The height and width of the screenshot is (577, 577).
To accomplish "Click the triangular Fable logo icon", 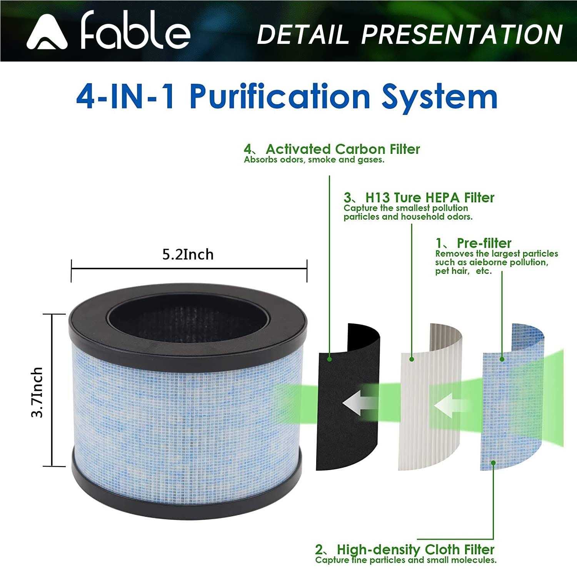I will tap(47, 34).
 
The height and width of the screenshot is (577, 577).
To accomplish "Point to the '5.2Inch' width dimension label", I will tap(188, 255).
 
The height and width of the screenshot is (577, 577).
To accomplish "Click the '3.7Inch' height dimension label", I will tap(37, 392).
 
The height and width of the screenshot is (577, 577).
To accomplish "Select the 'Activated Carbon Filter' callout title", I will tap(342, 149).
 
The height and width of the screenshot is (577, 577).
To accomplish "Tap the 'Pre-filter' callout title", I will tap(484, 243).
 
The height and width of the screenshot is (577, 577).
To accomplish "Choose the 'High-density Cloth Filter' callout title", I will tap(415, 549).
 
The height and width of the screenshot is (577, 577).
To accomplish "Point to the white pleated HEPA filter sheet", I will tap(419, 442).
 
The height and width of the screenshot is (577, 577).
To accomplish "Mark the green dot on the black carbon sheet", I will tap(329, 359).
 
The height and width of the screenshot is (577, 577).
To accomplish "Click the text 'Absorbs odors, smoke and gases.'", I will tap(314, 160).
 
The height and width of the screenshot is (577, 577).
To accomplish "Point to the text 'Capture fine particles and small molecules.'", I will tap(406, 560).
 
